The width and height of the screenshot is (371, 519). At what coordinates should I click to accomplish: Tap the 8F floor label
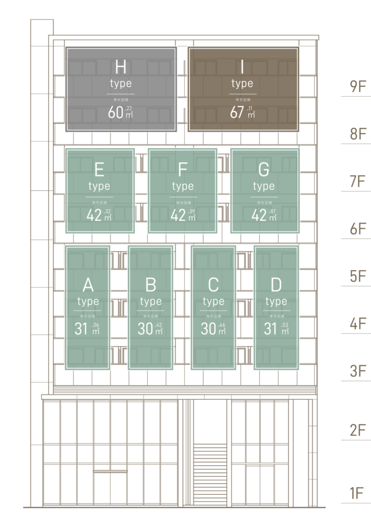point(358,134)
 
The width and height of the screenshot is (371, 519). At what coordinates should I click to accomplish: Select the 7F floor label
point(358,181)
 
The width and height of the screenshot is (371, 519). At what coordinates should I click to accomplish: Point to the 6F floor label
point(358,229)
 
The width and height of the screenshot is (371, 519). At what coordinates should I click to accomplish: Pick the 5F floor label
point(358,277)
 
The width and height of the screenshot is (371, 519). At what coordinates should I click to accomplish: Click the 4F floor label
point(358,324)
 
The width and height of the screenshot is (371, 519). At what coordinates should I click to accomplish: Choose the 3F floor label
point(358,372)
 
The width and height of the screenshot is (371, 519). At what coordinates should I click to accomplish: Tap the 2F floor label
point(358,431)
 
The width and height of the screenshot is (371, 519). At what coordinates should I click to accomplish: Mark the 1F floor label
point(358,493)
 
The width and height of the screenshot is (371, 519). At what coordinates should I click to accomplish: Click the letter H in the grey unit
point(121,67)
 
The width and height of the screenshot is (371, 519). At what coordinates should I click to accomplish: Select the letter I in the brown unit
point(243,67)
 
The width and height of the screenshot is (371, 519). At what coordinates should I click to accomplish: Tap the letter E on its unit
point(99,170)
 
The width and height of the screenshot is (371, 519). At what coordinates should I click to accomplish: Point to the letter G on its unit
point(264,170)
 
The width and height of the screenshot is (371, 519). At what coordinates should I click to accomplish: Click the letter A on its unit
point(88,285)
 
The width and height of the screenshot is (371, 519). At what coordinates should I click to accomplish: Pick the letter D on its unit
point(276,285)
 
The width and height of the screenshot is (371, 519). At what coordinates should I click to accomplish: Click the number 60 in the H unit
point(115,113)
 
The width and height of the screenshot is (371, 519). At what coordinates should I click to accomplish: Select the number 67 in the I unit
point(237,113)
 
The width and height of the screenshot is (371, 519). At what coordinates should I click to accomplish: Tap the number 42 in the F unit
point(178,215)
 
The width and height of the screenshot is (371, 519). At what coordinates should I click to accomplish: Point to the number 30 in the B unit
point(146,329)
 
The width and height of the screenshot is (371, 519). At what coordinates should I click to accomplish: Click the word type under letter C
point(214,302)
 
